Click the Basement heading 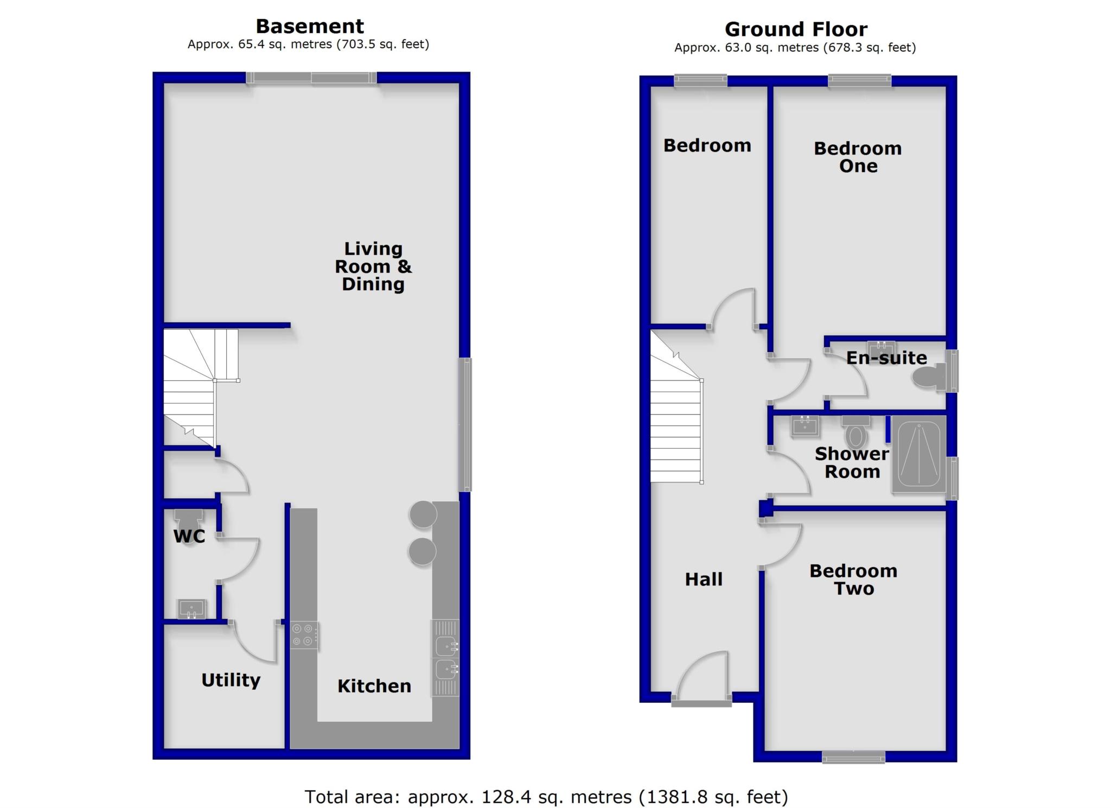[x=310, y=26]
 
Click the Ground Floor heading [x=795, y=29]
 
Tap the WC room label [x=189, y=536]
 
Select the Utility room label [x=231, y=680]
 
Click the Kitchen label [x=374, y=686]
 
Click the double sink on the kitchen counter [x=445, y=658]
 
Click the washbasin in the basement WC [x=191, y=608]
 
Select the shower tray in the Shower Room [x=918, y=455]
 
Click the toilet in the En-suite [x=929, y=377]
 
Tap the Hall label [x=704, y=579]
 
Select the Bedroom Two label [x=853, y=580]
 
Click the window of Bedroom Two [x=853, y=756]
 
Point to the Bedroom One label [x=858, y=157]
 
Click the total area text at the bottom [x=546, y=797]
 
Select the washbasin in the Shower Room [x=805, y=426]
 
